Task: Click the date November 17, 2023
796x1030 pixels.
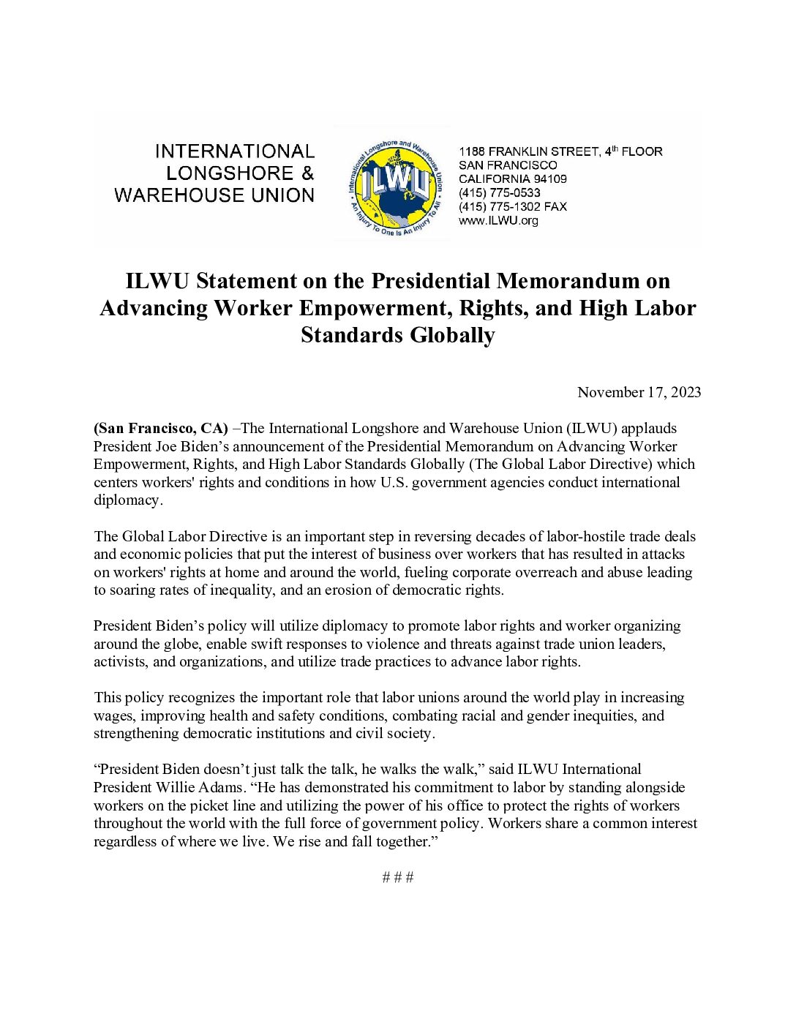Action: pos(639,392)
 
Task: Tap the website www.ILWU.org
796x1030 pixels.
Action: pos(498,221)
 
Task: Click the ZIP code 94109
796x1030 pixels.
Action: pos(549,179)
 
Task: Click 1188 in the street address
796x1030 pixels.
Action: pos(471,151)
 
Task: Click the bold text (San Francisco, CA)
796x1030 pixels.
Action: pos(160,429)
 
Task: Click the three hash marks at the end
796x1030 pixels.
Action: pos(398,877)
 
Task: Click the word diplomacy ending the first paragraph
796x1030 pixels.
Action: pos(126,500)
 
